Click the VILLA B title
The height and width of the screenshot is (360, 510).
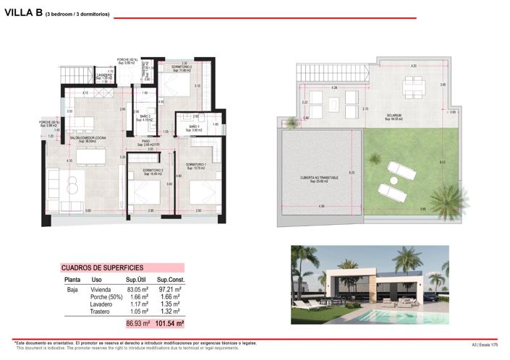click(x=22, y=12)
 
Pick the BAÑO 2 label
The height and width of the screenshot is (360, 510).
click(x=145, y=119)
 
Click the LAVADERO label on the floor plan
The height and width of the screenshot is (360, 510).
click(x=104, y=76)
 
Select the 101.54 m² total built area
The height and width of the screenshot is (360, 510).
click(x=169, y=323)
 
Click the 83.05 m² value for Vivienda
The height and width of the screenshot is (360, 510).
click(x=137, y=288)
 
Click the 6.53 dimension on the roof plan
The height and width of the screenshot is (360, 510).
click(x=463, y=162)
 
